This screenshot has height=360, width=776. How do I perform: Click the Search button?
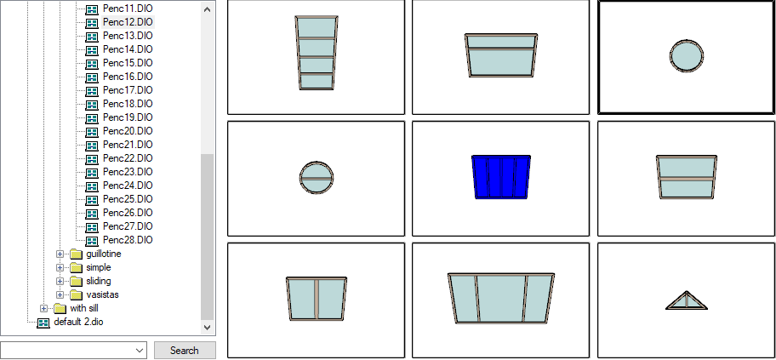click(x=185, y=350)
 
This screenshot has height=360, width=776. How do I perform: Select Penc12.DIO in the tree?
click(x=128, y=22)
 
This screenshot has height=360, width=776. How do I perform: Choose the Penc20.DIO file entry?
click(x=128, y=131)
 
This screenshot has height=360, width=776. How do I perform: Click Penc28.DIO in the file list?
click(x=128, y=240)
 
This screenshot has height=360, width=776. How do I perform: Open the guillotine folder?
click(x=104, y=254)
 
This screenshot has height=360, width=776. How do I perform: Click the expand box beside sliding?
click(x=60, y=281)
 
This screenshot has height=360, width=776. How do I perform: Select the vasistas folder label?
click(x=102, y=294)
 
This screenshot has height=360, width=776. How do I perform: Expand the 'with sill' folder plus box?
click(x=43, y=308)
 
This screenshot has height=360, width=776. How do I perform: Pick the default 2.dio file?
click(x=78, y=322)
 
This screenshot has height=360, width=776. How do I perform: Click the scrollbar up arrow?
click(x=208, y=9)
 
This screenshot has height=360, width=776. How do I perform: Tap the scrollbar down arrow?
click(x=208, y=327)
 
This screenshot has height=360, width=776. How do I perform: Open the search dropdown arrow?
click(x=140, y=350)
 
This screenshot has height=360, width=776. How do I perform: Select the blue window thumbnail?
click(x=501, y=177)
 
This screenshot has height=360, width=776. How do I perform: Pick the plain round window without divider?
click(x=687, y=56)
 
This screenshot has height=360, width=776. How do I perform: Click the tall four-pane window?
click(x=317, y=53)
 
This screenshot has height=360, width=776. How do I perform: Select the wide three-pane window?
click(x=501, y=298)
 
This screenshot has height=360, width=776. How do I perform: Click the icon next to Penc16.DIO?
click(x=92, y=77)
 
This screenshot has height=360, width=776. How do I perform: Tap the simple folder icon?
click(x=76, y=268)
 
